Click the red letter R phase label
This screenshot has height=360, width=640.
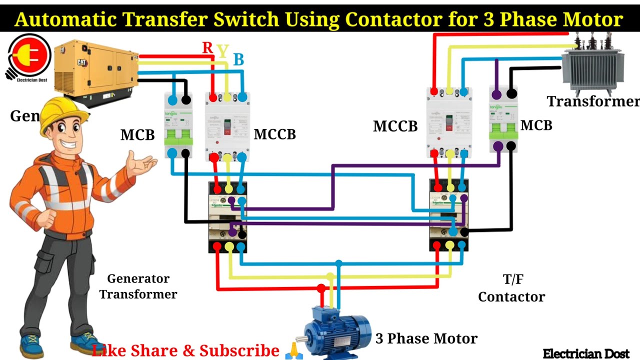[x=207, y=48]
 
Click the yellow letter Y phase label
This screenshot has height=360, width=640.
[x=223, y=50]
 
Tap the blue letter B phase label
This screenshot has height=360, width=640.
[x=238, y=60]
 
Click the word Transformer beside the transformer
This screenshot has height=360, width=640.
[x=593, y=101]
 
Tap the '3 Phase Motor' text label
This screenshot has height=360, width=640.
[x=426, y=338]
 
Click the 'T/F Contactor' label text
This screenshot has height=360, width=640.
[x=511, y=289]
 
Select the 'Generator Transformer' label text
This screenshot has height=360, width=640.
[x=138, y=286]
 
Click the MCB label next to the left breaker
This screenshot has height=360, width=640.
[x=137, y=135]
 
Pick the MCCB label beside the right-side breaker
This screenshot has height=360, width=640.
[x=395, y=126]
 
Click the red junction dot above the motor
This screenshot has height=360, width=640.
[x=321, y=288]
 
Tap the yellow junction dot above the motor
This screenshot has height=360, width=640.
[x=330, y=276]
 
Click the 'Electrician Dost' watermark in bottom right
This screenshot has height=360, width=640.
[x=586, y=353]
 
